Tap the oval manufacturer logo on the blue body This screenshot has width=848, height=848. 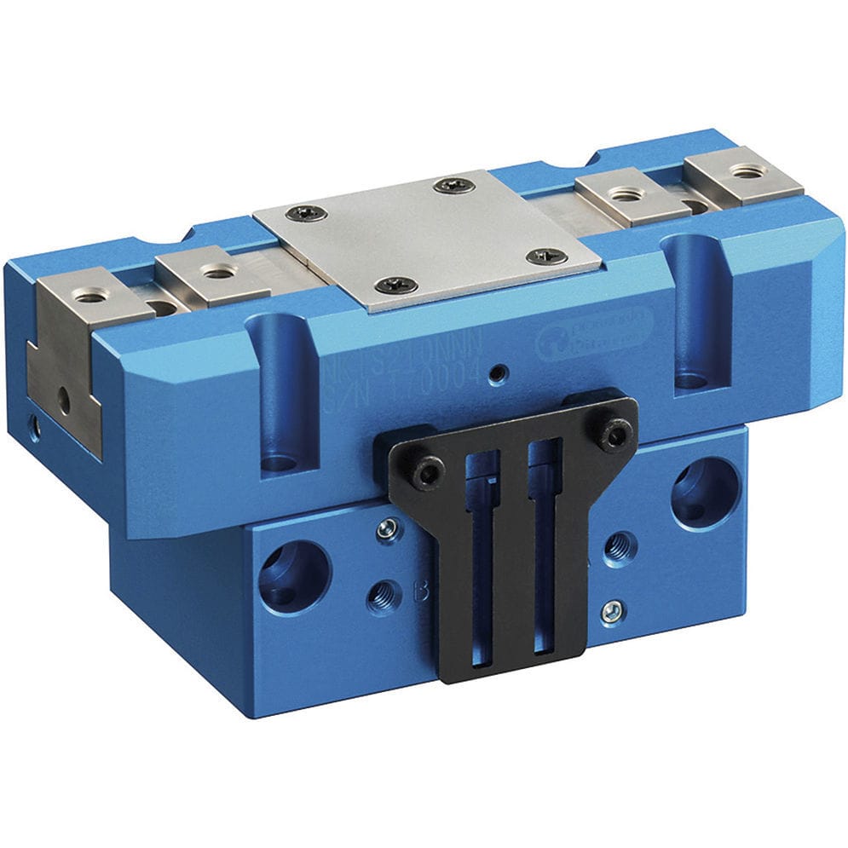click(x=594, y=335)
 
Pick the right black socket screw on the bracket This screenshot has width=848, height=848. click(x=613, y=436)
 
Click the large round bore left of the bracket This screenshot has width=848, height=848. click(x=294, y=575)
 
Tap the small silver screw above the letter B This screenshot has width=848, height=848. click(x=387, y=530)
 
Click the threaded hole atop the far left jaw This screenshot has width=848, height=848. click(x=88, y=296)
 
